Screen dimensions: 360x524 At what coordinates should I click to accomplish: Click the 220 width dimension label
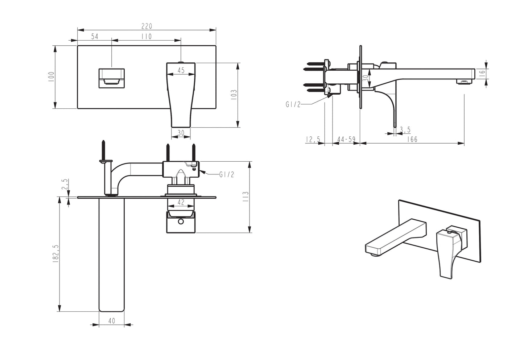coord(147,26)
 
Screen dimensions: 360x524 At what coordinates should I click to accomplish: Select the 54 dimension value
coord(95,36)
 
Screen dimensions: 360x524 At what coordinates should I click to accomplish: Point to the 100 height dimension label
coord(51,76)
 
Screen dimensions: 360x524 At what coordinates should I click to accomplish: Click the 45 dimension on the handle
coord(181,70)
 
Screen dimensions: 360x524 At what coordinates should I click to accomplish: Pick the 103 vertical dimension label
coord(234,95)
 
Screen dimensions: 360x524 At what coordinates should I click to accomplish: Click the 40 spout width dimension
coord(111,320)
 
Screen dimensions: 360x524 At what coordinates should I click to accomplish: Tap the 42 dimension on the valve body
coord(181,202)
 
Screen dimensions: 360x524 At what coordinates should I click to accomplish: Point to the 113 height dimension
coord(246,197)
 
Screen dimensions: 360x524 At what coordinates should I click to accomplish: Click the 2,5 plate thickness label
coord(65,184)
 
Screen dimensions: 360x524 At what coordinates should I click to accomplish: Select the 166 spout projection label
coord(412,139)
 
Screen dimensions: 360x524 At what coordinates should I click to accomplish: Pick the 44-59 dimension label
coord(346,139)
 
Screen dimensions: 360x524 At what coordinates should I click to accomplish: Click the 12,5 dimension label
coord(313,139)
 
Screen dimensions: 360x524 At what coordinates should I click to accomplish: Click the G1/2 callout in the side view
coord(293,104)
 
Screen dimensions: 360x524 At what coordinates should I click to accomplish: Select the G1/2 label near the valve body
coord(227,175)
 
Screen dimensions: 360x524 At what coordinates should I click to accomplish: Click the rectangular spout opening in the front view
coord(111,78)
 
